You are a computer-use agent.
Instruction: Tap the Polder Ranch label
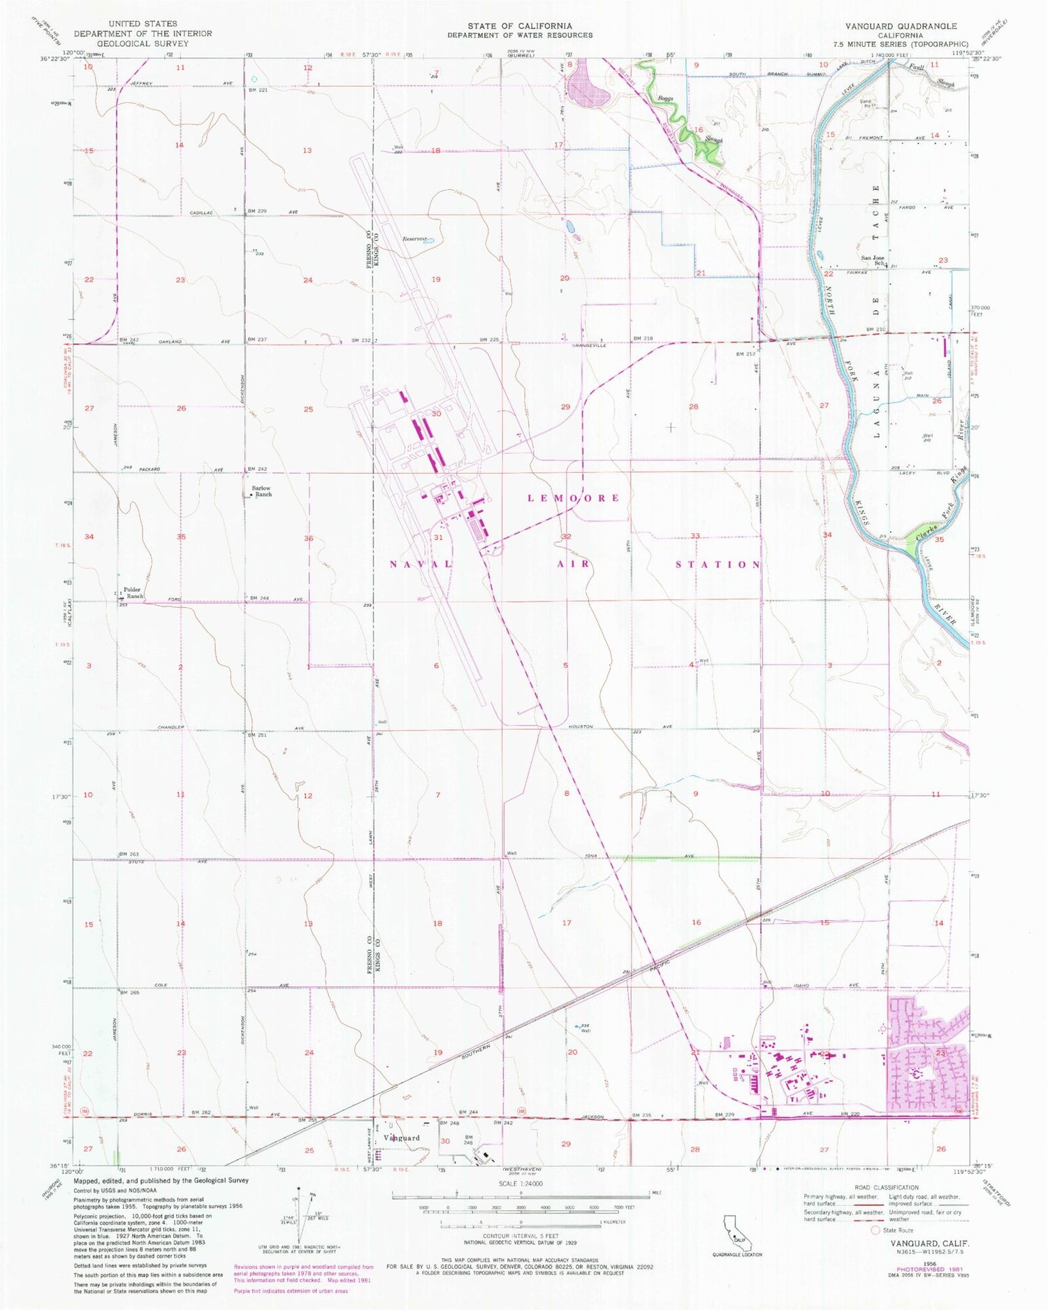coord(133,592)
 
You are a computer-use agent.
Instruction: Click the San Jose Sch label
coord(874,259)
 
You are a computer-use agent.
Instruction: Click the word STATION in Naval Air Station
coord(718,564)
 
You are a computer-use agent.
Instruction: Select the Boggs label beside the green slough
coord(664,99)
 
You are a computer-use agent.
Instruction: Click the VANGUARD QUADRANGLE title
coord(901,26)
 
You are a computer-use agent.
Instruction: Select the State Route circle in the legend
coord(876,1230)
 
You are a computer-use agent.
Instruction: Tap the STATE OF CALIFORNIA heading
coord(520,26)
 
